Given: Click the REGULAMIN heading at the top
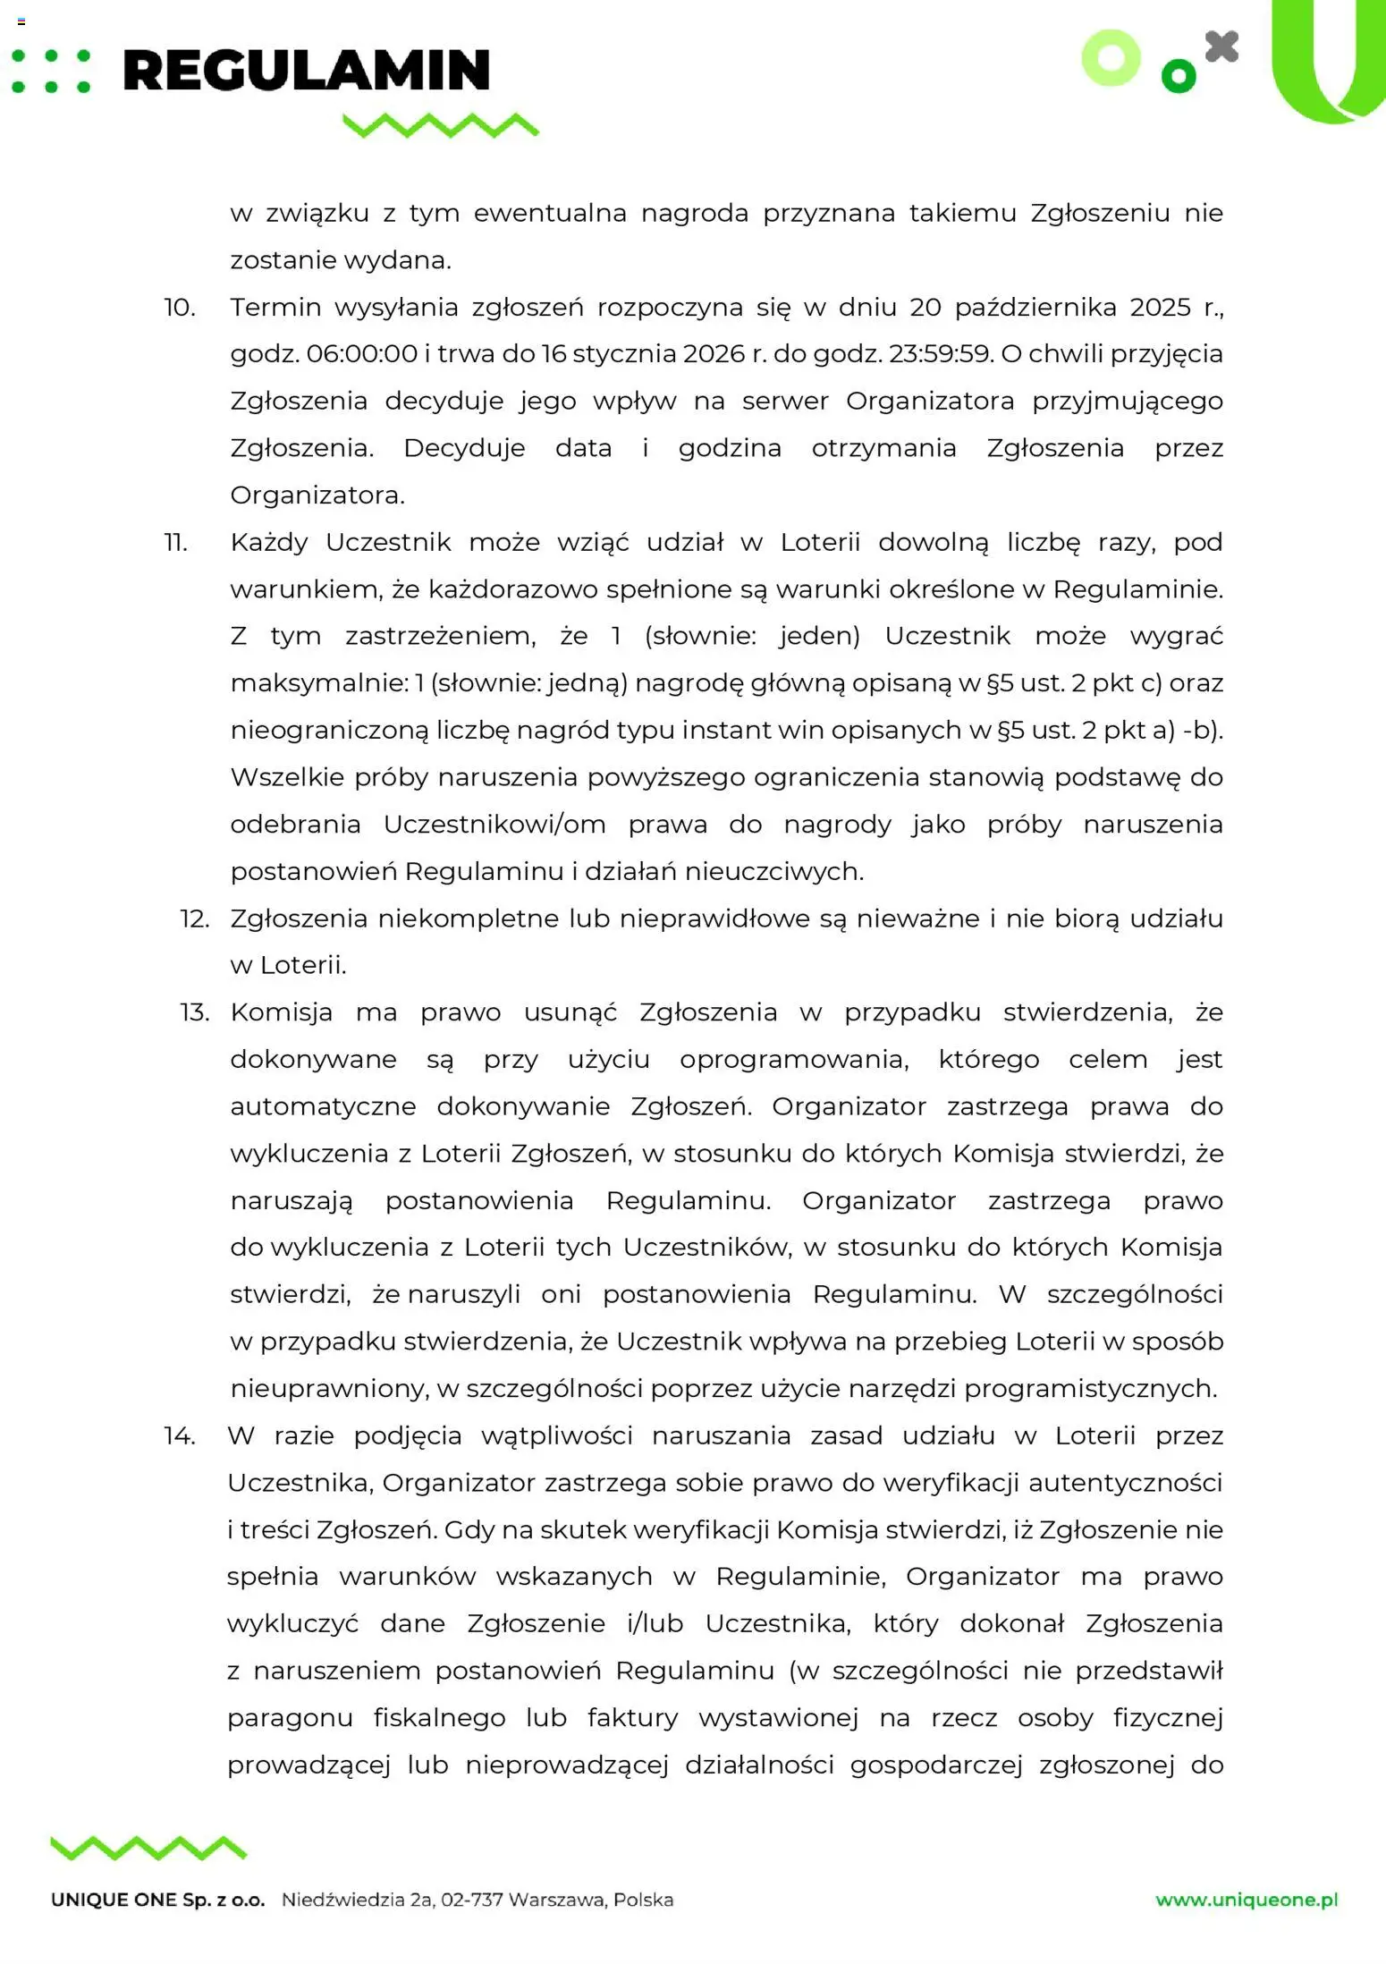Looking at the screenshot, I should (x=306, y=71).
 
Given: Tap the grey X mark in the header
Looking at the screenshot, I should (x=1221, y=47).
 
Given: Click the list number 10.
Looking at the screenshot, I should (x=179, y=308).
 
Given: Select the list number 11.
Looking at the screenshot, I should (x=176, y=543).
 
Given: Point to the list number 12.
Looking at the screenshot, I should (x=194, y=919).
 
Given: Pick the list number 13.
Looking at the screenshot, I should (x=194, y=1012).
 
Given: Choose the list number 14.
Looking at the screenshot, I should (x=179, y=1436).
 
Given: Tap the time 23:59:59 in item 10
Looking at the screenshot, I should (x=941, y=354).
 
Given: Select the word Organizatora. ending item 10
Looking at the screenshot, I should (x=317, y=495).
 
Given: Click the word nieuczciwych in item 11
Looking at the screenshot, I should (x=773, y=872).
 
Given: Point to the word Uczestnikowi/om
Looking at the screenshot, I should (x=494, y=825).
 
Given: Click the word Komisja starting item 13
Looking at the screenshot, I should (x=281, y=1012).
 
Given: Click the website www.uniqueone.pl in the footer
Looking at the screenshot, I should (x=1247, y=1901).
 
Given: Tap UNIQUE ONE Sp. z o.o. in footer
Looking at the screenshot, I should (x=158, y=1901).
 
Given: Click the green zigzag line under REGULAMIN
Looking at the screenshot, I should (x=441, y=125).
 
